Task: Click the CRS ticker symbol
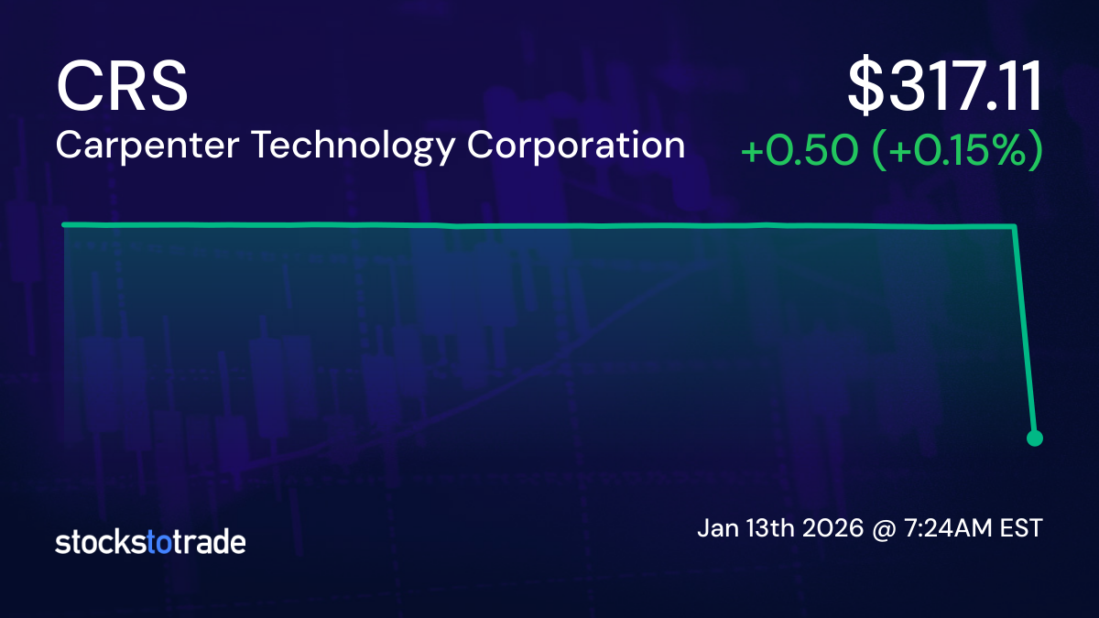point(122,86)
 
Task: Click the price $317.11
point(944,88)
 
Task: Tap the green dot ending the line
point(1035,438)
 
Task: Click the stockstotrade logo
point(150,542)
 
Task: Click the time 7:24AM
point(952,529)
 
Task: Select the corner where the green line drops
point(1015,227)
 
